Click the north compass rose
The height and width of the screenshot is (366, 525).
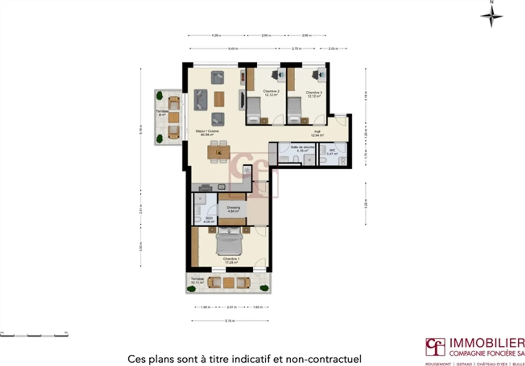[x=491, y=16]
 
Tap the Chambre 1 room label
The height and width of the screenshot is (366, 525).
[x=231, y=260]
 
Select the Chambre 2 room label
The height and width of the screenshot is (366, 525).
[x=271, y=93]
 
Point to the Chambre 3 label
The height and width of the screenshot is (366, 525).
[x=314, y=94]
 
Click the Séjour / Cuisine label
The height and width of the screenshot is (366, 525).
[x=207, y=133]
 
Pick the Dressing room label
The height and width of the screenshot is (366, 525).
[x=233, y=209]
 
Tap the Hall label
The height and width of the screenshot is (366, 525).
[x=317, y=133]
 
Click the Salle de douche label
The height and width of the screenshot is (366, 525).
[x=302, y=149]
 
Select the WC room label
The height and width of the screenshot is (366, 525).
[x=332, y=152]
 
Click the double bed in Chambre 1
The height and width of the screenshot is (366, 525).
[x=229, y=242]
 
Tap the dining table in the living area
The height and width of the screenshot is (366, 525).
[x=219, y=152]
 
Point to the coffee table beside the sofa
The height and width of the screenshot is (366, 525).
[x=219, y=99]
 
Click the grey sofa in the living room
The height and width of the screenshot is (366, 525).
[x=201, y=99]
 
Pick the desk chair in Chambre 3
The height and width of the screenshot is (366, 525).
[x=315, y=75]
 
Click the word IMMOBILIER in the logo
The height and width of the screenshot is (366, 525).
[x=487, y=343]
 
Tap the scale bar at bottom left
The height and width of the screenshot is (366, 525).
[x=34, y=334]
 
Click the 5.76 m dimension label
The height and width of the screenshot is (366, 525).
[x=230, y=321]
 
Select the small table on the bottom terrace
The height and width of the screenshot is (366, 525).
[x=229, y=283]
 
